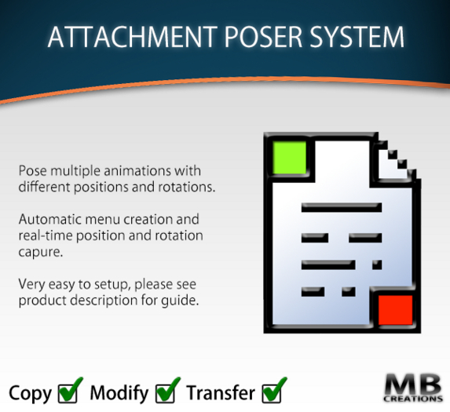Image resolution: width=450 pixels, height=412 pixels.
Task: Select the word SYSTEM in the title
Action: [357, 38]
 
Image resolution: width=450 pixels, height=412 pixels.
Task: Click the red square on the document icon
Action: [395, 308]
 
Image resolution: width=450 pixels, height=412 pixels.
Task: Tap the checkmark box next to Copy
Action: [70, 390]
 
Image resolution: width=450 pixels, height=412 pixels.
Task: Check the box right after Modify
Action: [167, 390]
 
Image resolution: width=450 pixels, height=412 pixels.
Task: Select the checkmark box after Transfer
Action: [274, 390]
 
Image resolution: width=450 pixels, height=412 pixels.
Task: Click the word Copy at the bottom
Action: [31, 392]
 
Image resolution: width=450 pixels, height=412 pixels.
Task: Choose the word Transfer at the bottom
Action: [221, 392]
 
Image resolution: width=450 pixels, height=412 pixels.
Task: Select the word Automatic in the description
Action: [50, 219]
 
